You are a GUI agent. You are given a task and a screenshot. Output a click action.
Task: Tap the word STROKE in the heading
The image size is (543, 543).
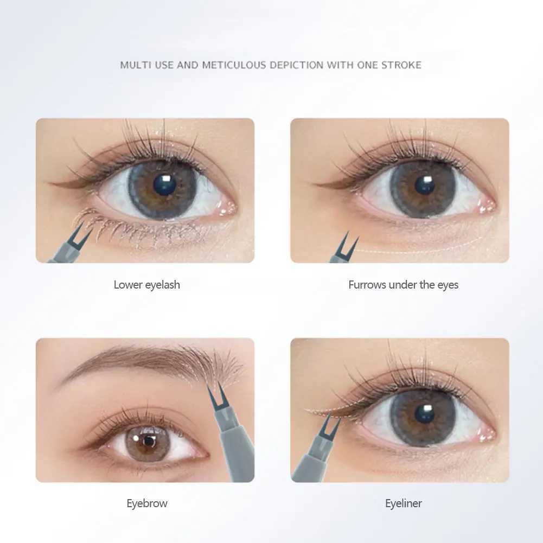coord(401,65)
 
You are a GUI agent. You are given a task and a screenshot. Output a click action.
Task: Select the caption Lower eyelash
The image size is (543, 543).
coord(147,285)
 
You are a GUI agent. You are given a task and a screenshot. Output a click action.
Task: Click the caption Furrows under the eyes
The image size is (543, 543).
coord(404,285)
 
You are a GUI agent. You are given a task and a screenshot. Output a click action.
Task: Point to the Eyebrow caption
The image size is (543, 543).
coord(147,503)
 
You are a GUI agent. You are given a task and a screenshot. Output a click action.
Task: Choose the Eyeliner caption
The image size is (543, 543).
coord(404,503)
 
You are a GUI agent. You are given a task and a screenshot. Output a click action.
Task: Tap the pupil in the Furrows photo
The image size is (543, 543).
coord(425,184)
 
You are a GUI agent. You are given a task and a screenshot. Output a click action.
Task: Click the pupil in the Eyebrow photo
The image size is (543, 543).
coord(149,441)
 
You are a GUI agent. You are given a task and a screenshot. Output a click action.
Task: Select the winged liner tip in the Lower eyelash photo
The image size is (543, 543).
coord(50,183)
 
